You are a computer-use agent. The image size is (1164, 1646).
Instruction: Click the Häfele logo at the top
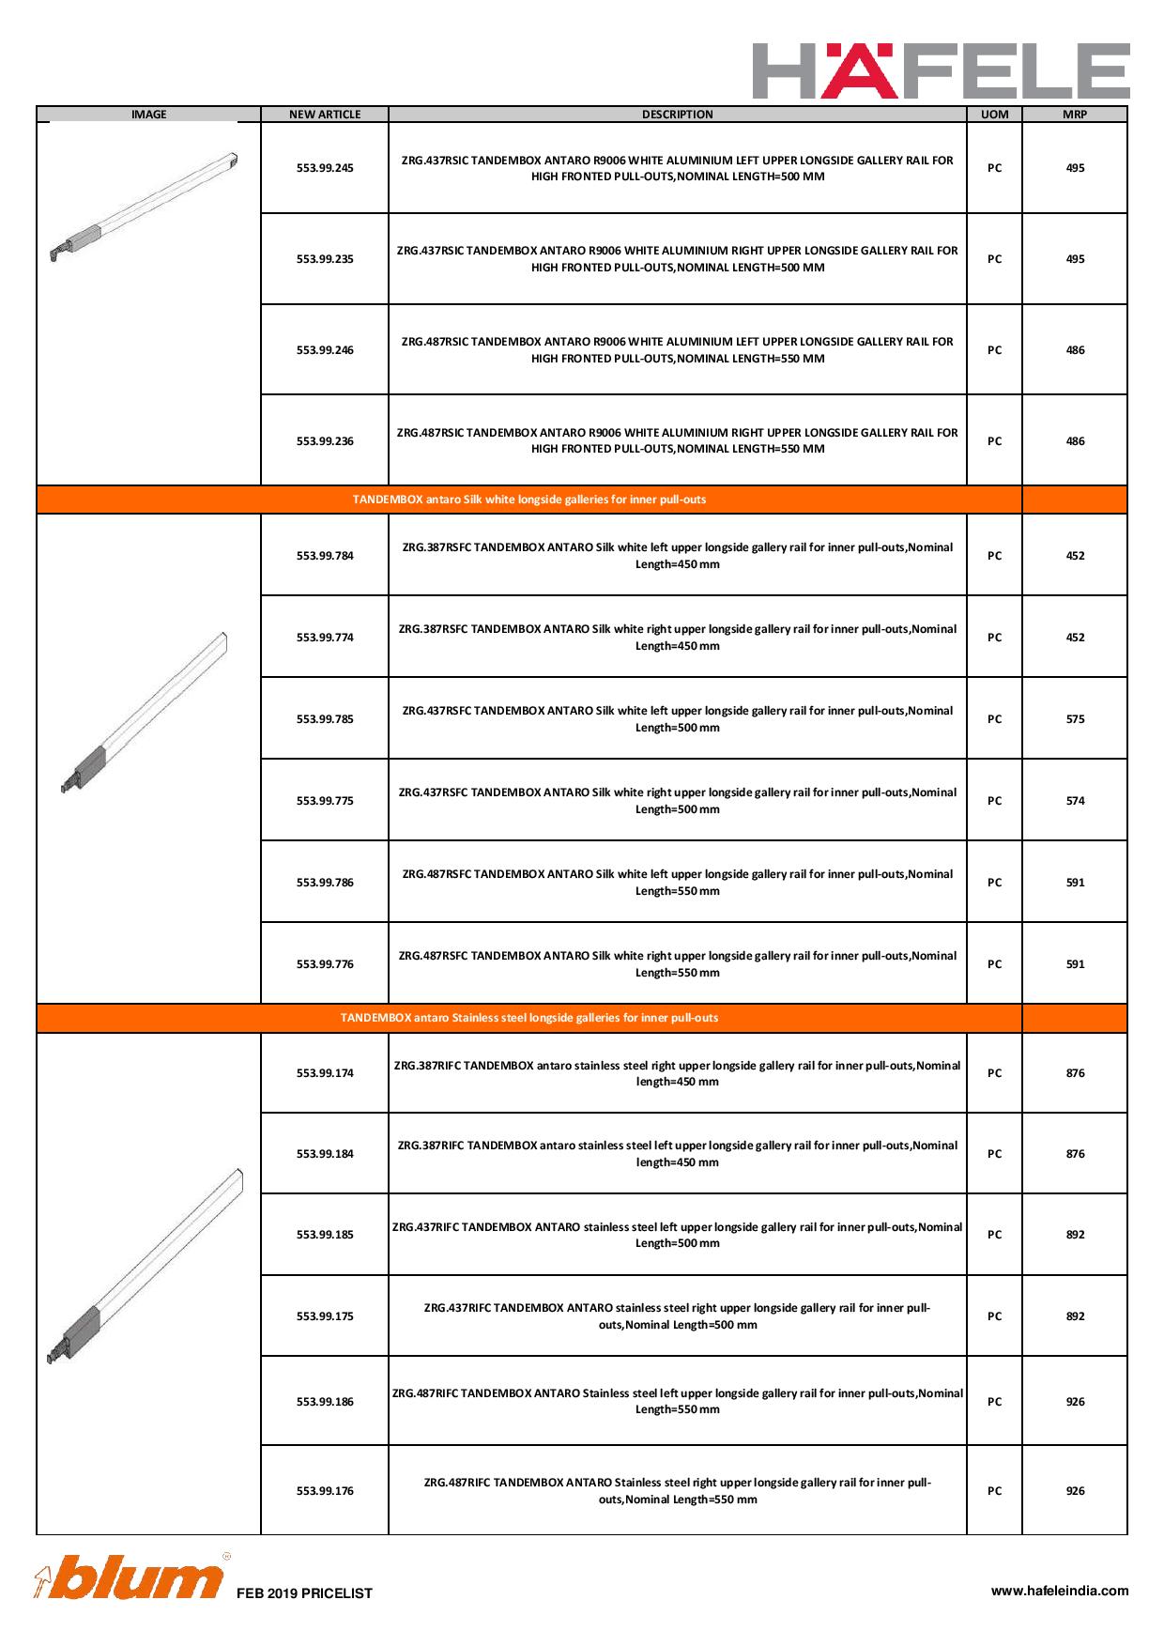coord(941,69)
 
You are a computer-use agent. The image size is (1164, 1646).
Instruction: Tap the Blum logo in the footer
coord(130,1579)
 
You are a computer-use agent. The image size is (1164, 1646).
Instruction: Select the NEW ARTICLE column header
coord(325,115)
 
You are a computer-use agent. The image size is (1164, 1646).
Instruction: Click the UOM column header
coord(994,115)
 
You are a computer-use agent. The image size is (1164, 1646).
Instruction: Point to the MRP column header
coord(1075,115)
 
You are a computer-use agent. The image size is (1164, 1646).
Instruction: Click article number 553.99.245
coord(325,168)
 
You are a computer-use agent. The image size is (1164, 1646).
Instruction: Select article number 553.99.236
coord(325,441)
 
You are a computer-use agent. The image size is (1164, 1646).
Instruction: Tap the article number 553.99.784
coord(325,556)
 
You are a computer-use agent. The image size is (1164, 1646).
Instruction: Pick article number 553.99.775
coord(325,801)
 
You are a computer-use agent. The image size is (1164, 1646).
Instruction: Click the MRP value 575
coord(1075,719)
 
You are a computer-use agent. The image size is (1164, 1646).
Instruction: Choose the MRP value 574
coord(1075,801)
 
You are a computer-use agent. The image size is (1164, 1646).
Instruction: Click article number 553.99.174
coord(325,1073)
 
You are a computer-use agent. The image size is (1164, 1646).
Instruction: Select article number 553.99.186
coord(325,1402)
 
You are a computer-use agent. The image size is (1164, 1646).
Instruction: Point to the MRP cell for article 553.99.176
coord(1075,1491)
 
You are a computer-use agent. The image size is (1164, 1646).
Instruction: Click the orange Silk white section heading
coord(529,500)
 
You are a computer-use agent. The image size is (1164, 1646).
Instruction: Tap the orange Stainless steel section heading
coord(529,1018)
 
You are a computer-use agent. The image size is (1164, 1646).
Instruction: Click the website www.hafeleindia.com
coord(1060,1591)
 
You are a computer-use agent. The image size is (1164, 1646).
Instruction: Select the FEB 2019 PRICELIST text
coord(304,1593)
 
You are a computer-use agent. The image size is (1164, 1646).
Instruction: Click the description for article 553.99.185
coord(678,1235)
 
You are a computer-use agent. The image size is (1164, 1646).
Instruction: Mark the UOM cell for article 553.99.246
coord(994,350)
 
